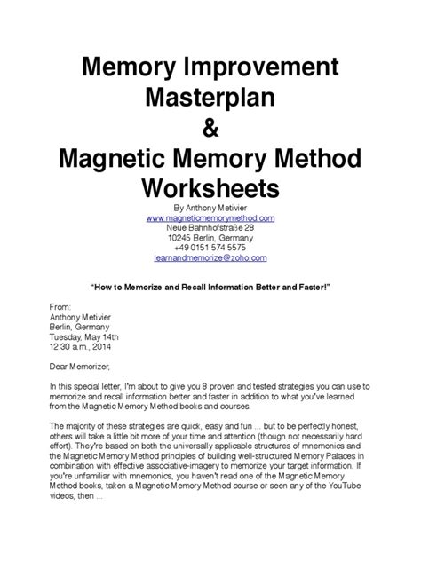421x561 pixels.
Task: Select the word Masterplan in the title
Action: click(x=210, y=99)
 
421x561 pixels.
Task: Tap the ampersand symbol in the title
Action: click(x=210, y=130)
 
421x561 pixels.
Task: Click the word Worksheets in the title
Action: click(x=210, y=188)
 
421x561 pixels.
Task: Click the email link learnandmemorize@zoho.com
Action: click(x=210, y=257)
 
